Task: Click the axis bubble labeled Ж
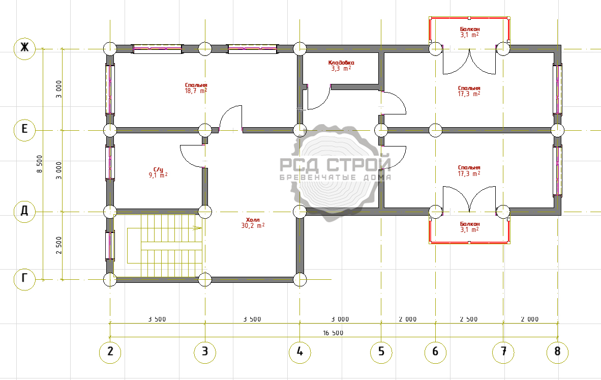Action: (24, 48)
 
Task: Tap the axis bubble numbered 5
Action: (381, 352)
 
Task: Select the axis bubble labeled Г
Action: (24, 278)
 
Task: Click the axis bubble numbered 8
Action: (557, 352)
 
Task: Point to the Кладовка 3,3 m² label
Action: (341, 66)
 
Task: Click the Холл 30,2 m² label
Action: (253, 223)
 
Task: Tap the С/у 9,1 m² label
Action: (158, 172)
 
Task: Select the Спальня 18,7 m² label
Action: (196, 88)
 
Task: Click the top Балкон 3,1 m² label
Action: (469, 32)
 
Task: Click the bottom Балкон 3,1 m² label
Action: (469, 226)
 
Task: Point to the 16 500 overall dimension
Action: (333, 333)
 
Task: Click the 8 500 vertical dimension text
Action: (40, 164)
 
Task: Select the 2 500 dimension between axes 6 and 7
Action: (469, 319)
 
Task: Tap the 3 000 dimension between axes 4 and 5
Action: (340, 319)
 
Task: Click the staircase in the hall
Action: (164, 245)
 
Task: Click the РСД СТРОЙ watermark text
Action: (335, 165)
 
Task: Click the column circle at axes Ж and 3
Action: (205, 49)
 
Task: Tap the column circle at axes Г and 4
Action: (299, 280)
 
